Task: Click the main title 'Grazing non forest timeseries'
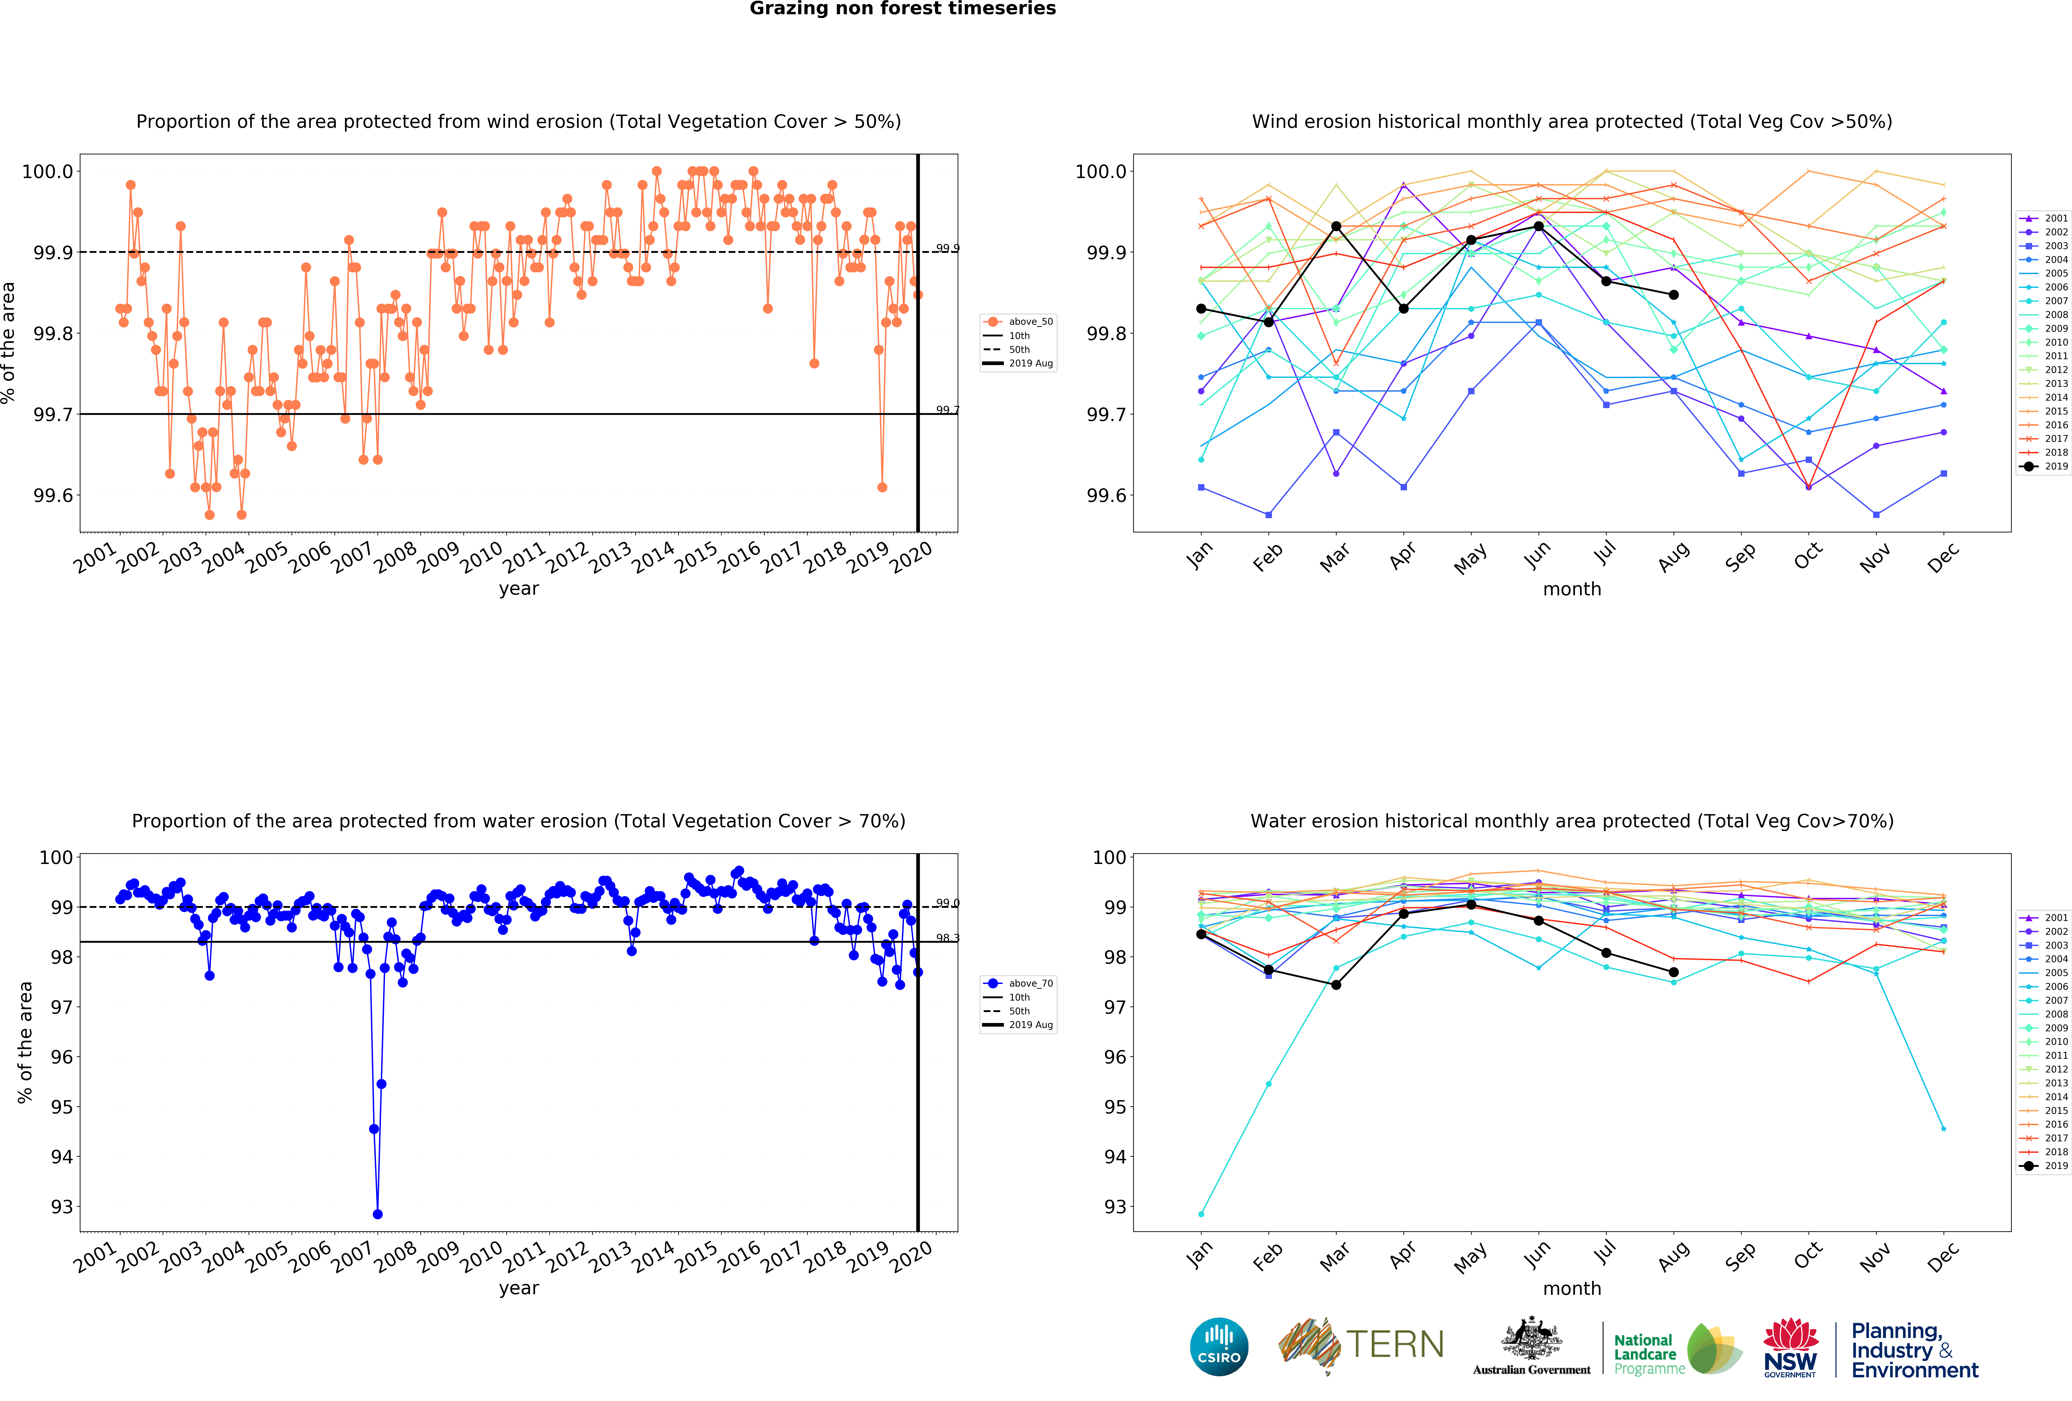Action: [902, 9]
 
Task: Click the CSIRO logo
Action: [1219, 1347]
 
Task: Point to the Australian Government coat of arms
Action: [1531, 1339]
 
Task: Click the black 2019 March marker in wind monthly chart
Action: [1336, 227]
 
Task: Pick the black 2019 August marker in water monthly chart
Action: [1674, 972]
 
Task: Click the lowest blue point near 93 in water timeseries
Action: [377, 1214]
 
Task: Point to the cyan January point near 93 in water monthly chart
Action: [1201, 1214]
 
